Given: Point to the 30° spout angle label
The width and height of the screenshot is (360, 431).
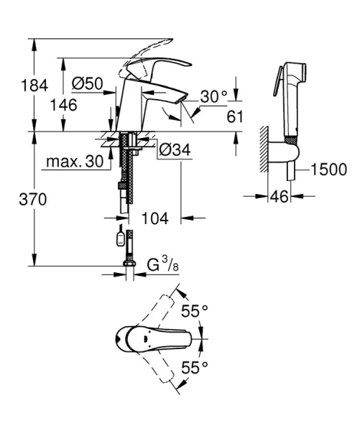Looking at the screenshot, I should coord(213,96).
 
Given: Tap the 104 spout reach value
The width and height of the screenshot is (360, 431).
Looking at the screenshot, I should coord(156,215).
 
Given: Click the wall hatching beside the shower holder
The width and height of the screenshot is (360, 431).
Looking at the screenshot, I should coord(264,151).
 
